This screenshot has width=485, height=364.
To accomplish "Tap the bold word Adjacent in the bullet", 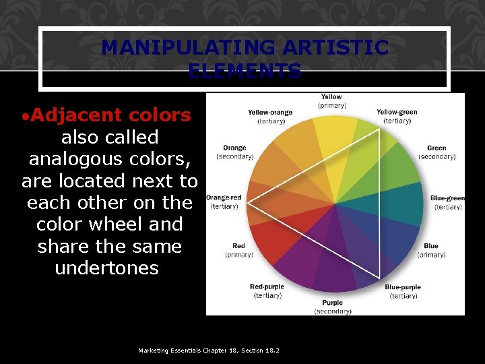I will (x=71, y=115).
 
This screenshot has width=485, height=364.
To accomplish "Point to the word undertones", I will (x=106, y=268).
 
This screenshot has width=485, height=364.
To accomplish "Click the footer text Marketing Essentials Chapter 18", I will (x=208, y=351).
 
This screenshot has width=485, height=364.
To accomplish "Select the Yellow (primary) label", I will (x=331, y=101).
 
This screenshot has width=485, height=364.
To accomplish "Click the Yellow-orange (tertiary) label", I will (x=269, y=117).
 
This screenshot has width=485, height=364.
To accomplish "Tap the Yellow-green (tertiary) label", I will (x=397, y=117).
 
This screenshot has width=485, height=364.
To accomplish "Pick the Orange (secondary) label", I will (x=235, y=152).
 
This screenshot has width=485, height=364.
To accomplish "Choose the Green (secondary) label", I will (x=437, y=152).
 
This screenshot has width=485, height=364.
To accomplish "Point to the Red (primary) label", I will (x=239, y=251).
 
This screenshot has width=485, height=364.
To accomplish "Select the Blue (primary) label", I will (x=431, y=251).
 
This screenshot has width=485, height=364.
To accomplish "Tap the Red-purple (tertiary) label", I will (x=267, y=291).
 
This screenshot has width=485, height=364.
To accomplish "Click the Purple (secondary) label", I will (x=333, y=307).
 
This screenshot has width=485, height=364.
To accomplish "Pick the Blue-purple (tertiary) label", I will (x=402, y=291).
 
